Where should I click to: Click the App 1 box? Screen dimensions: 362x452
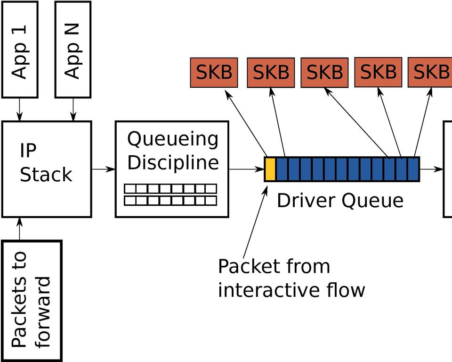coord(20,49)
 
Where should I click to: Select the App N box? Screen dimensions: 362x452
coord(73,49)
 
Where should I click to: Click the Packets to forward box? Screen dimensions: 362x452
coord(32,301)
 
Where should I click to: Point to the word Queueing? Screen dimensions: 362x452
coord(173,139)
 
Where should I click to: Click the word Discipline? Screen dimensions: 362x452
coord(173,162)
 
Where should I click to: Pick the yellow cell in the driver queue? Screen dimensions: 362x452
coord(270,169)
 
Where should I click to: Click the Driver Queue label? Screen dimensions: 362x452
coord(339,201)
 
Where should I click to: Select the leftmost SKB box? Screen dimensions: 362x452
coord(214,73)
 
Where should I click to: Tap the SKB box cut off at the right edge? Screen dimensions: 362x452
coord(430,72)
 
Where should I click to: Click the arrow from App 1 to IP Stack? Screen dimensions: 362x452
coord(19,109)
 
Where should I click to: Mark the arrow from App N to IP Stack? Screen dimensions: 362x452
coord(73,109)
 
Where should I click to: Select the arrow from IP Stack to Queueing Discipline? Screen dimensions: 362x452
coord(103,169)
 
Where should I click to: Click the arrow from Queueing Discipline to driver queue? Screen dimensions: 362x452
coord(246,169)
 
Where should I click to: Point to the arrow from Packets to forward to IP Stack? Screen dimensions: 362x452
coord(19,229)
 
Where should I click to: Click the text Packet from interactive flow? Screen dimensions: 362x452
coord(291,278)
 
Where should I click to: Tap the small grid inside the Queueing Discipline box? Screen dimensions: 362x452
coord(170,195)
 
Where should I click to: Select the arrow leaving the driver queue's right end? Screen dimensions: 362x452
coord(431,169)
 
